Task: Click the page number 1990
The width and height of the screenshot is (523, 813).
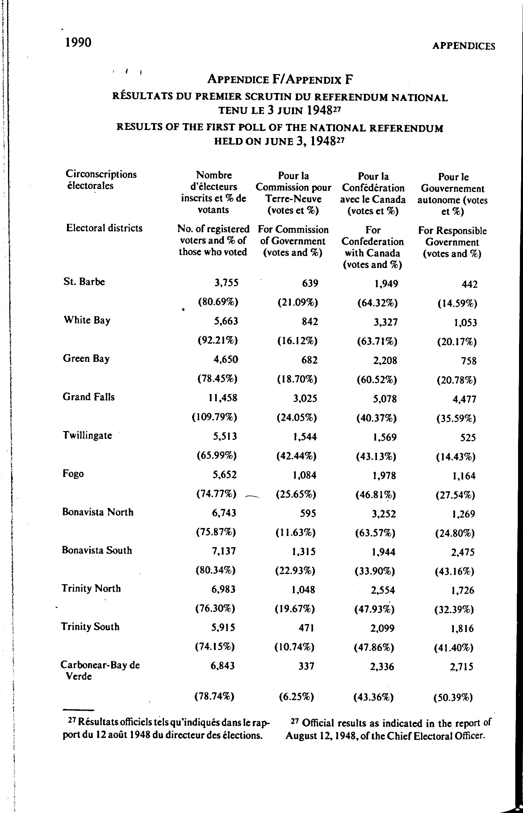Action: point(78,43)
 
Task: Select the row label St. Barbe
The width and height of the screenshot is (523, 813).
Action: point(84,282)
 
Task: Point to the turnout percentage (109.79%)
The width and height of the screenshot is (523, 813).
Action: point(214,417)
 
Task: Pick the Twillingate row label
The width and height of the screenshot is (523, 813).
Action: point(87,435)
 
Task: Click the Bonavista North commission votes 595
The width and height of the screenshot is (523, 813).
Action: point(308,513)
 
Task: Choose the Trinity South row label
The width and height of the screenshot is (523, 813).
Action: point(90,627)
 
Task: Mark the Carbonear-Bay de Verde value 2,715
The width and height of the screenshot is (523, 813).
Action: point(461,667)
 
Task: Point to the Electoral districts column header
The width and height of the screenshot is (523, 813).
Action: point(104,228)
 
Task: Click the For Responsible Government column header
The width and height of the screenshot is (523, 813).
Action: point(452,242)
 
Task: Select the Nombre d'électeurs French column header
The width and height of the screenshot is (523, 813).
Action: point(214,192)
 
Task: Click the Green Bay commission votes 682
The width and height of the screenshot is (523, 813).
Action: point(309,360)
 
